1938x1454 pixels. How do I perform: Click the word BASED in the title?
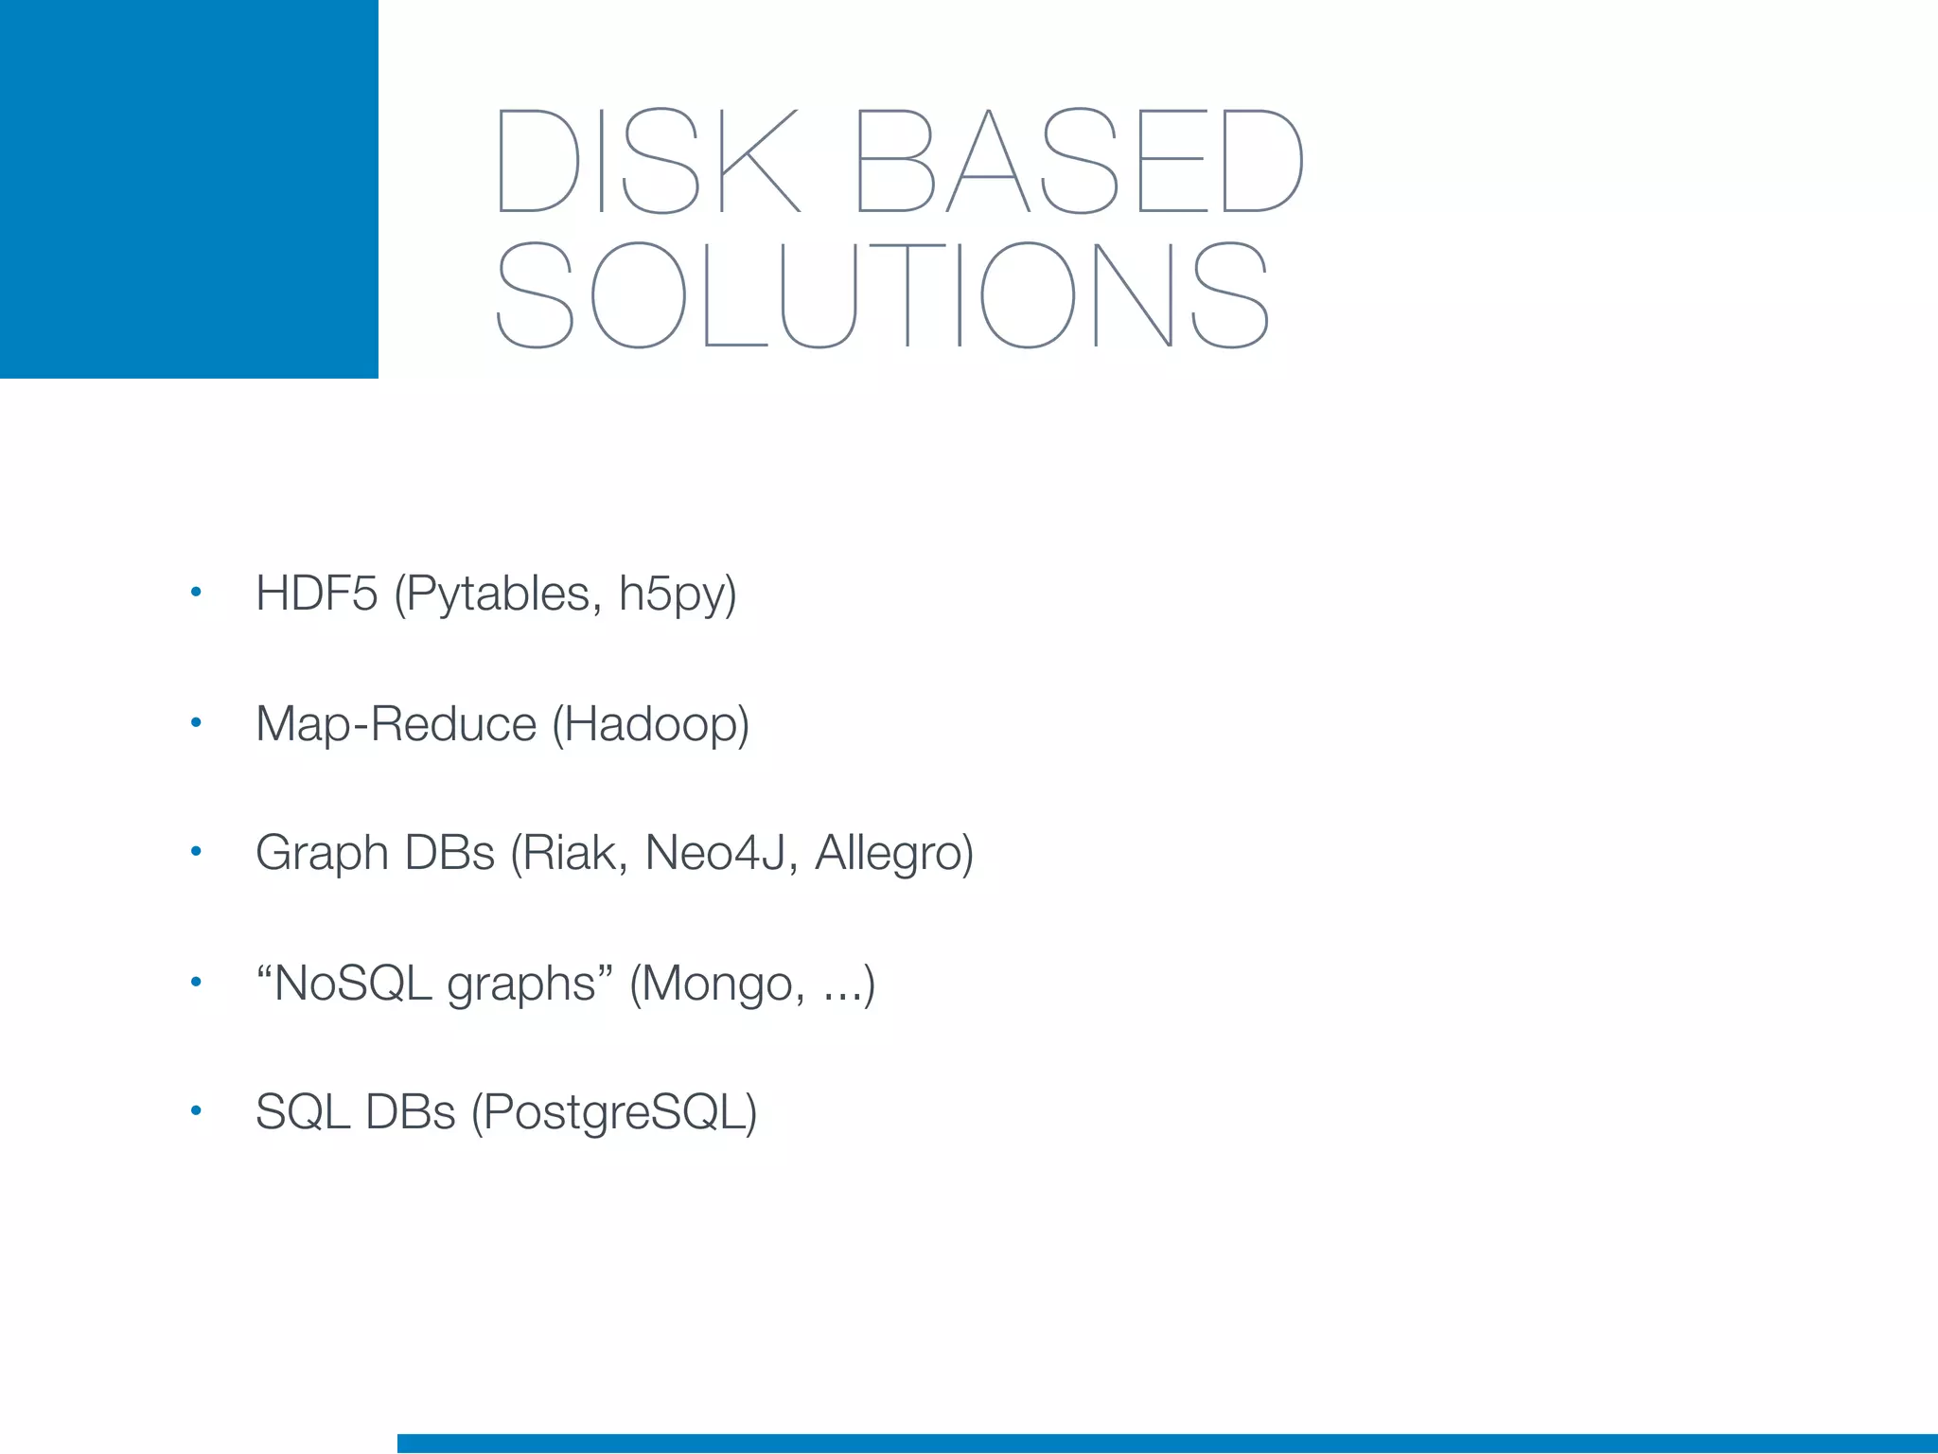coord(1079,161)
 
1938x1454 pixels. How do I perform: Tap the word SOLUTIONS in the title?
coord(882,294)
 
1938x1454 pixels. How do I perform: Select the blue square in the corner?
coord(189,189)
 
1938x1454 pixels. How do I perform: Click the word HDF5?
coord(317,594)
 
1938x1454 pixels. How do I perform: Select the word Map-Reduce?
coord(396,725)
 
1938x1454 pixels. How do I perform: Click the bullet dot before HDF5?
coord(196,593)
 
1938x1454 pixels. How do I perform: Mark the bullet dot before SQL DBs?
coord(196,1110)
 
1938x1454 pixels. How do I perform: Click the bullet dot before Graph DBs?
coord(196,852)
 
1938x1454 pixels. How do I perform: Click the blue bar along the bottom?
coord(1168,1444)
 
